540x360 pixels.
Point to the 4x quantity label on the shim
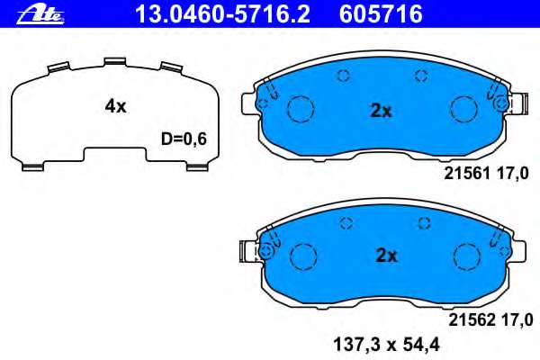click(115, 106)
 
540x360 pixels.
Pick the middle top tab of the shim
click(114, 62)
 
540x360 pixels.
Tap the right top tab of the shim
click(170, 67)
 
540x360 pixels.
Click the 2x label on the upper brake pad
click(382, 112)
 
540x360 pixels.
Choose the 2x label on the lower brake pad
click(385, 255)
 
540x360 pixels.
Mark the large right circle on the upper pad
click(463, 109)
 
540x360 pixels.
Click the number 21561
click(466, 175)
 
